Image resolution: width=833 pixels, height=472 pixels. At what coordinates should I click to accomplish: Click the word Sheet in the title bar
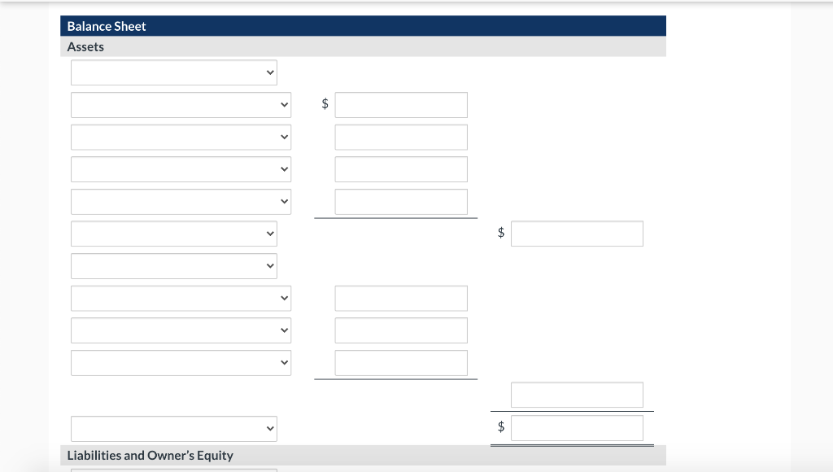(x=131, y=26)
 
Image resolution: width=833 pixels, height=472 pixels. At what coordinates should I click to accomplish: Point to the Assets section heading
(x=85, y=46)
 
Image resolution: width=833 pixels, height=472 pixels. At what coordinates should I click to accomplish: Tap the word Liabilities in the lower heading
(x=94, y=456)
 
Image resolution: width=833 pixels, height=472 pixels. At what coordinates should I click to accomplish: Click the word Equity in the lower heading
(x=215, y=456)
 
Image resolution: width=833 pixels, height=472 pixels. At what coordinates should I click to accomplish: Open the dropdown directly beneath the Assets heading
(x=173, y=72)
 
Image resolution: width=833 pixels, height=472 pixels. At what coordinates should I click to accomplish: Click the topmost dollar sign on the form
(x=325, y=104)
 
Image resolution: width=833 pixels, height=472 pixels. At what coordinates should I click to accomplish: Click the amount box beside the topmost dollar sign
(x=401, y=105)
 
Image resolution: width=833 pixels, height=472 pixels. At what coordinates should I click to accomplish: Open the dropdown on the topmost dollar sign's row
(x=181, y=105)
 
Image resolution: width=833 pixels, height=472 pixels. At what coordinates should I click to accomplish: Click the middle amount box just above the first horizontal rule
(x=401, y=202)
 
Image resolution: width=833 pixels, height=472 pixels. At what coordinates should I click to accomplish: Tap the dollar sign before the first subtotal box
(x=501, y=234)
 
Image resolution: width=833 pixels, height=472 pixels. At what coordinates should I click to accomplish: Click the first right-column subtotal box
(x=577, y=234)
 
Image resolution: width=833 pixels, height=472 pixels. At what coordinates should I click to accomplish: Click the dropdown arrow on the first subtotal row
(x=271, y=234)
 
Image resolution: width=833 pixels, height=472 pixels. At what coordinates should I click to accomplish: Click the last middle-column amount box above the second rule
(x=401, y=363)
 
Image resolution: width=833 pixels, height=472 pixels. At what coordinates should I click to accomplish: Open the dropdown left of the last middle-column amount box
(x=181, y=363)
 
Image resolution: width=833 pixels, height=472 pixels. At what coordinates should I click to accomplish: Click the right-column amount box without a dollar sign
(x=577, y=395)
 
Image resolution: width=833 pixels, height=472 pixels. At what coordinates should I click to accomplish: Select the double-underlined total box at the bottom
(x=577, y=428)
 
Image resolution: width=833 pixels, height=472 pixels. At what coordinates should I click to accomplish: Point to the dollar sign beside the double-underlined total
(x=501, y=427)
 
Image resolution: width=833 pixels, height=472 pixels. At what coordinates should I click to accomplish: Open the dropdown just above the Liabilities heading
(x=173, y=428)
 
